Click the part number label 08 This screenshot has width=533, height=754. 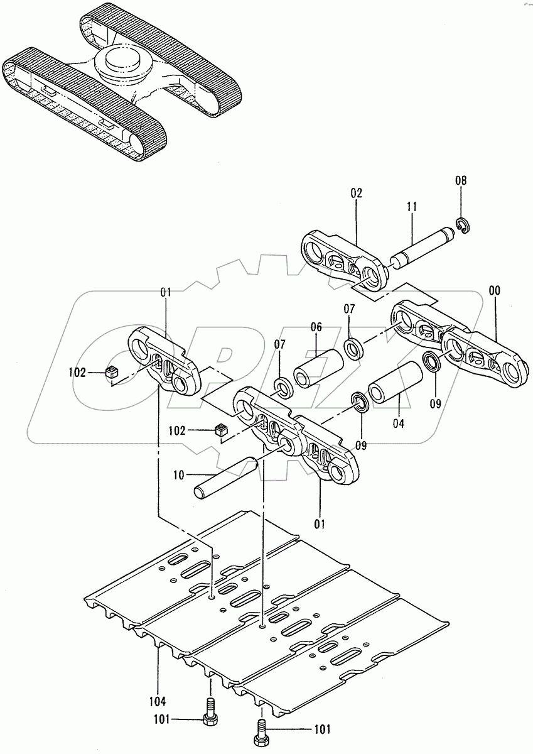(x=461, y=180)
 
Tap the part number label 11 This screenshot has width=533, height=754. (x=411, y=205)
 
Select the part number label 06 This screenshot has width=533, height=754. (x=316, y=327)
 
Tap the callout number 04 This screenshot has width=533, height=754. (x=398, y=423)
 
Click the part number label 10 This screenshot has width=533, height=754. (x=179, y=475)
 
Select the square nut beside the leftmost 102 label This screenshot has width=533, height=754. (x=112, y=372)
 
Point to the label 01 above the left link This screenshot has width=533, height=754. (x=166, y=292)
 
